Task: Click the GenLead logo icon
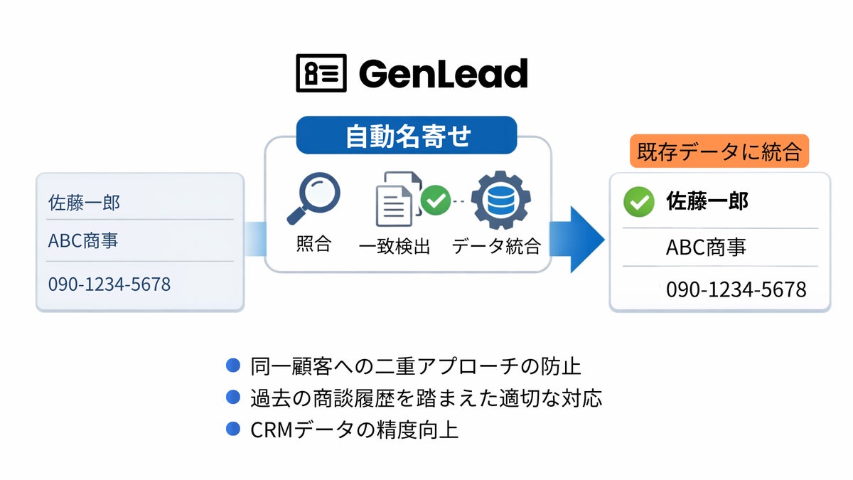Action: (321, 73)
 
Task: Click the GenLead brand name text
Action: (443, 73)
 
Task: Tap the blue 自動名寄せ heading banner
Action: (407, 136)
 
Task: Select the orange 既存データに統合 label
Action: (719, 151)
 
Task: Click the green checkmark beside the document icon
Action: (435, 201)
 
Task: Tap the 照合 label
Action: (313, 245)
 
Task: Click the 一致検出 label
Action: (395, 247)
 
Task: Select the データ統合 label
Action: (496, 247)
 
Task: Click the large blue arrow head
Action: (586, 239)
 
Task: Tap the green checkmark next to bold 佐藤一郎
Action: (638, 203)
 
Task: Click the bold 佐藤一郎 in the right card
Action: (707, 202)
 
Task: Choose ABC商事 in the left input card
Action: (83, 241)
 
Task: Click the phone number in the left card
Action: (109, 284)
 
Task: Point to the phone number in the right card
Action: (736, 289)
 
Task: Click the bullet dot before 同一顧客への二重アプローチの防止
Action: (232, 366)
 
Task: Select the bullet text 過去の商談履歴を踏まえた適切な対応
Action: (426, 398)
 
